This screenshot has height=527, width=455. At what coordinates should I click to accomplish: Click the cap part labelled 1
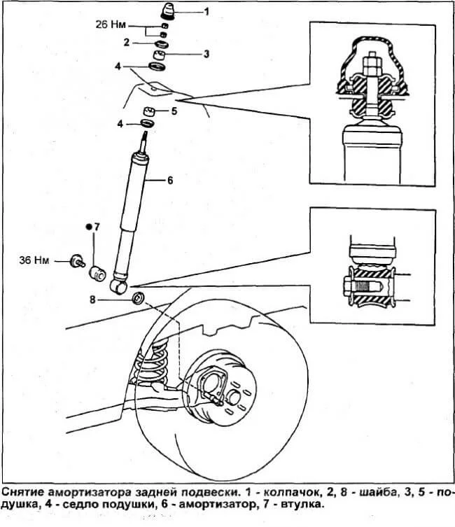click(x=167, y=10)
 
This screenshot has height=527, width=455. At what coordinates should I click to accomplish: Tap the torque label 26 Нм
click(x=111, y=24)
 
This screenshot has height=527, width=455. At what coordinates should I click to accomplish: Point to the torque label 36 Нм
click(x=34, y=260)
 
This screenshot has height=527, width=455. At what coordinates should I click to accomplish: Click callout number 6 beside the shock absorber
click(x=170, y=181)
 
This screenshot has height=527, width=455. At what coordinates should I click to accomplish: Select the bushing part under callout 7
click(x=97, y=273)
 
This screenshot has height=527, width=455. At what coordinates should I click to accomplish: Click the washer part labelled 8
click(x=139, y=297)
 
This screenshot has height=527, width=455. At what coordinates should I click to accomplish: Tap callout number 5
click(x=174, y=111)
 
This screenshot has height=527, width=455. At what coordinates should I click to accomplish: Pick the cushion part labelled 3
click(x=160, y=55)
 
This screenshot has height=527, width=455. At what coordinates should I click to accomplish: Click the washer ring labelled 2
click(x=161, y=43)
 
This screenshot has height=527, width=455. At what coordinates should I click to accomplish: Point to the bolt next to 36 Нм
click(x=77, y=262)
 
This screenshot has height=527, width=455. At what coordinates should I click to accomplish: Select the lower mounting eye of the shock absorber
click(x=118, y=287)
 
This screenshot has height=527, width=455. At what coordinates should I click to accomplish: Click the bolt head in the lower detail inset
click(x=349, y=288)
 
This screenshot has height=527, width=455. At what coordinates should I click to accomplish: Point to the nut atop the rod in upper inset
click(x=372, y=64)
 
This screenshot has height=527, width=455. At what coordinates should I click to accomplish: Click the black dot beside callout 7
click(x=90, y=227)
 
